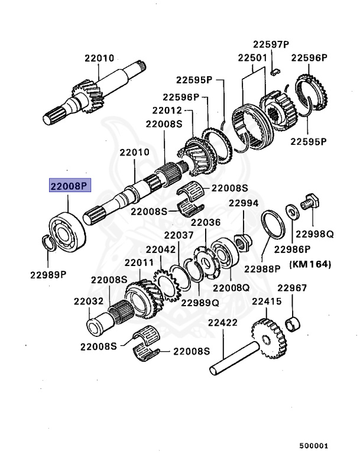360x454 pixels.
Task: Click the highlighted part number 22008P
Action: [69, 186]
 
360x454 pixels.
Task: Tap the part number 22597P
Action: [271, 45]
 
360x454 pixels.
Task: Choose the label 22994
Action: [244, 203]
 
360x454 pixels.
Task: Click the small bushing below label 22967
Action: [291, 323]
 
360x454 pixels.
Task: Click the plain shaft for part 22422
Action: [234, 359]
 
